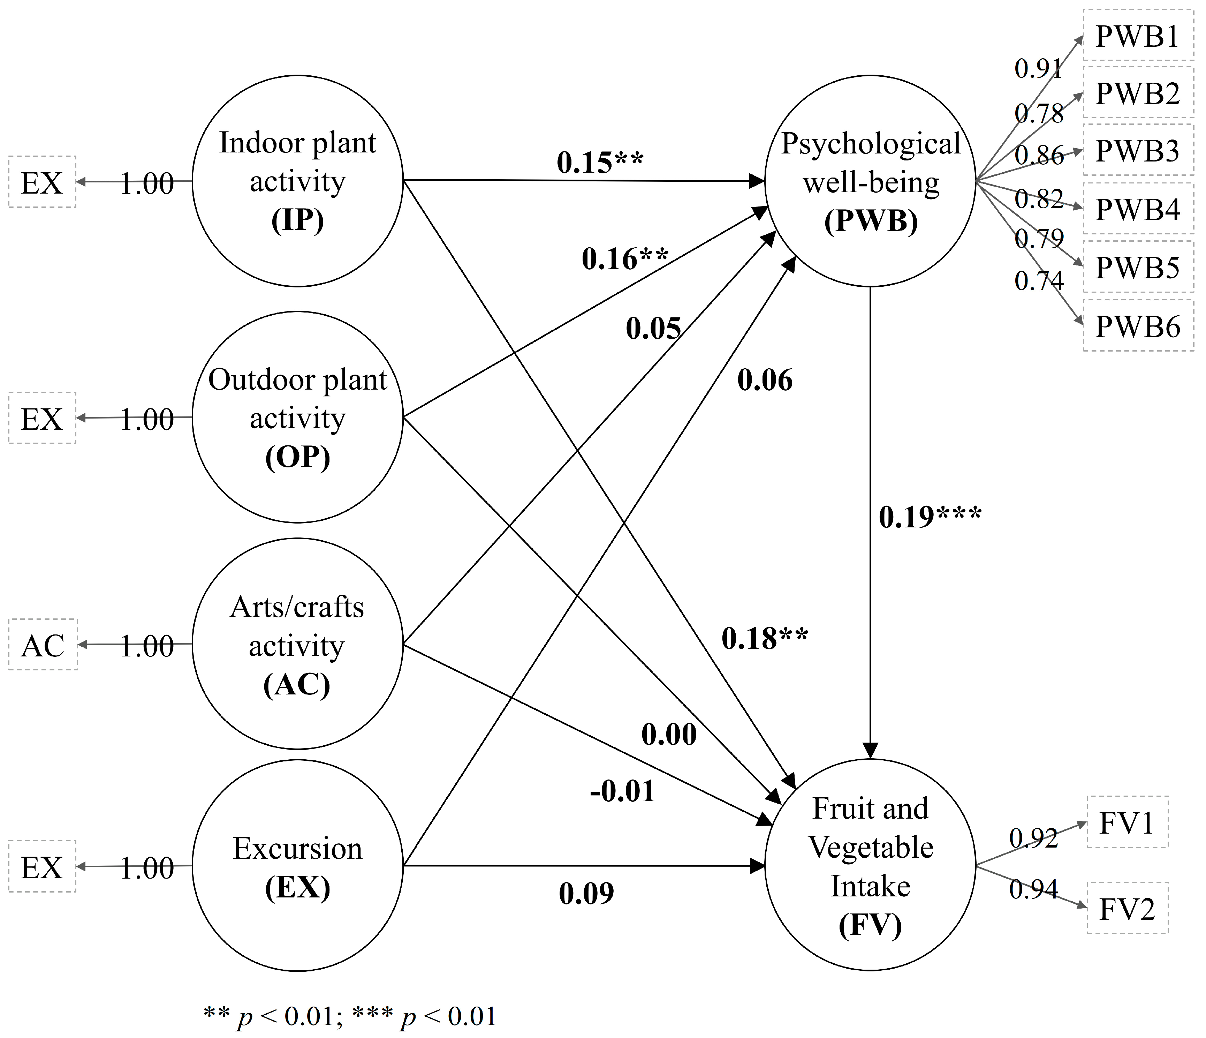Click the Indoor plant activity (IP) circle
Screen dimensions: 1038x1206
pos(297,181)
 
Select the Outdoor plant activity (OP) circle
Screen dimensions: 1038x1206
pos(297,417)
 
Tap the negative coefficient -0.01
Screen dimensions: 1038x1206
pos(622,791)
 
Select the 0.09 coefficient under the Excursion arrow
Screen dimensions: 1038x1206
pos(586,893)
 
